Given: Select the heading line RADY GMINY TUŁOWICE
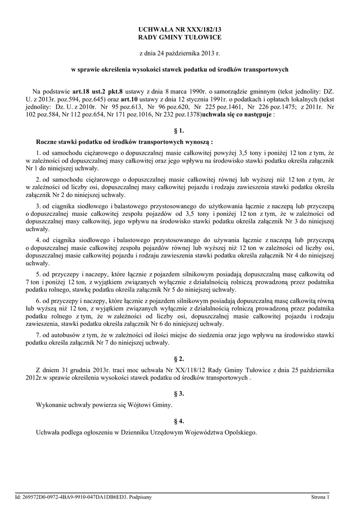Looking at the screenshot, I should (180, 37).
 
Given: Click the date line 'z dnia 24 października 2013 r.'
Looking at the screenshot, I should (180, 53).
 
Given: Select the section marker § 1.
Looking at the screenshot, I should (180, 131).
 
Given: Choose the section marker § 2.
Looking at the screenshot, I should (180, 358).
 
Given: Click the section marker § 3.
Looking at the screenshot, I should (180, 393).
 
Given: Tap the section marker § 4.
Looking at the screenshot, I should (180, 421).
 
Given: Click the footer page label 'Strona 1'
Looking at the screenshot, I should (321, 497).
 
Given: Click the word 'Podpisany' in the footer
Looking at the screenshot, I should (140, 497).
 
